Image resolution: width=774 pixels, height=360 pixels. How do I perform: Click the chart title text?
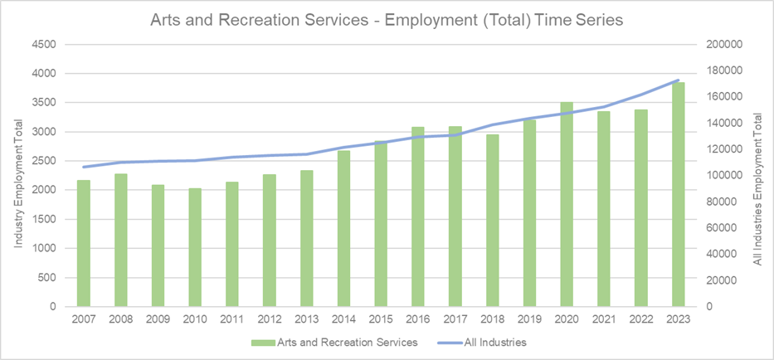(x=386, y=19)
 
